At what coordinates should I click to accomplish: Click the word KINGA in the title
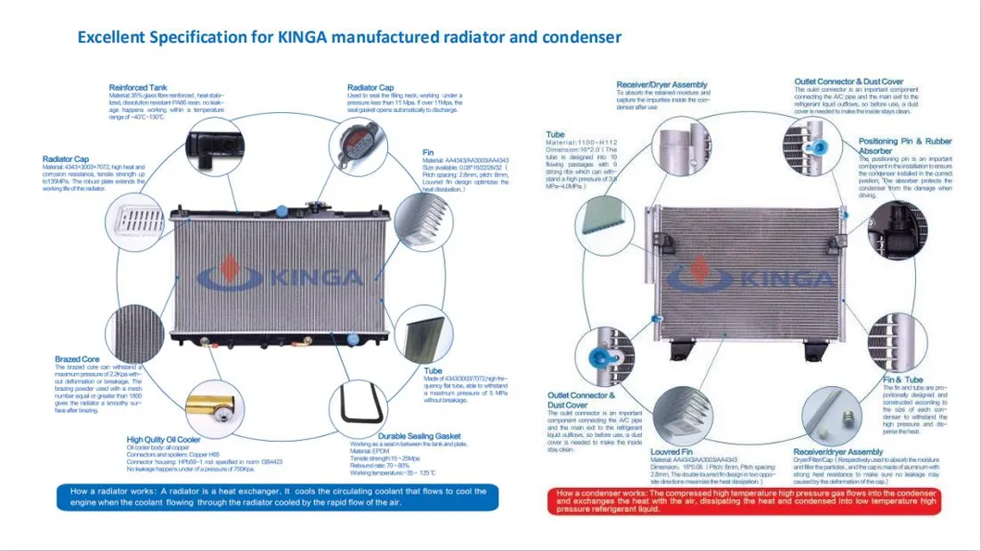click(x=310, y=37)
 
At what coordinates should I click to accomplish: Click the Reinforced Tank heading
click(x=137, y=87)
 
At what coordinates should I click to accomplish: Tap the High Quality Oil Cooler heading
click(x=163, y=439)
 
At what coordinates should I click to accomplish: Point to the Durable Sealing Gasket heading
click(x=419, y=435)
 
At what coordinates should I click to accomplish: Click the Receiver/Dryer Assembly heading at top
click(x=661, y=84)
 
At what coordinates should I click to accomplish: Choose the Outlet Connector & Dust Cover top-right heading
click(x=849, y=81)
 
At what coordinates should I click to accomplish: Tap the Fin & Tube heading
click(x=902, y=380)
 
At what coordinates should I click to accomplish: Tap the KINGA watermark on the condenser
click(x=749, y=276)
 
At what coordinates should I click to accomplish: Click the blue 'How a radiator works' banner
click(x=276, y=497)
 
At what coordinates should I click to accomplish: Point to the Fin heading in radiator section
click(x=428, y=153)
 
